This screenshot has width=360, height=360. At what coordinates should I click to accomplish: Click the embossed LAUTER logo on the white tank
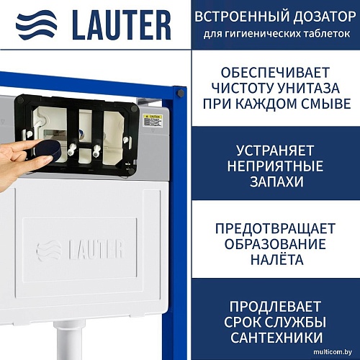point(81,250)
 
